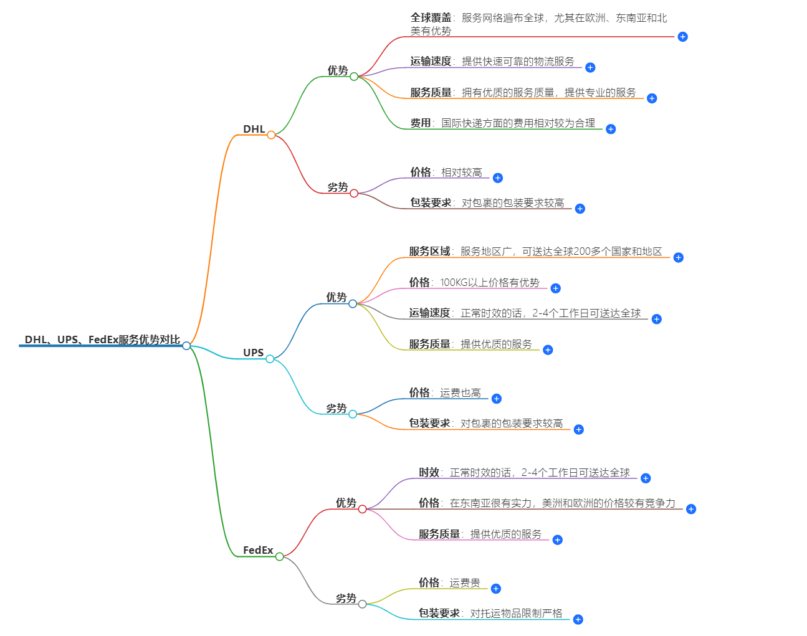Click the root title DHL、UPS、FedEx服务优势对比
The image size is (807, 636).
[x=102, y=339]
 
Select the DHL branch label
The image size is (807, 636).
[x=254, y=129]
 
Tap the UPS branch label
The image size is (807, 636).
[x=253, y=353]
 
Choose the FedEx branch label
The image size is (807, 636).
[x=258, y=550]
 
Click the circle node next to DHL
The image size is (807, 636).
[x=271, y=135]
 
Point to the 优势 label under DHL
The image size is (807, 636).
[x=338, y=70]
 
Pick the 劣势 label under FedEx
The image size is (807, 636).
[x=346, y=598]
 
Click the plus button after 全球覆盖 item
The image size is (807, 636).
[x=682, y=37]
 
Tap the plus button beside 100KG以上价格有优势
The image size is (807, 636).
[x=555, y=288]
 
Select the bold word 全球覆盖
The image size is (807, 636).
[x=431, y=18]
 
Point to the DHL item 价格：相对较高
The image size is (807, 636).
[x=446, y=173]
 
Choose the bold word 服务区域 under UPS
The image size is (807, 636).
[x=429, y=252]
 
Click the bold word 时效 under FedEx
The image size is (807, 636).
[x=429, y=473]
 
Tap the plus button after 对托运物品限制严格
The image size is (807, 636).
[x=578, y=619]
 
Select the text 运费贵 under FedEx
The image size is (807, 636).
[x=465, y=583]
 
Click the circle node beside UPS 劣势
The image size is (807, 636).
[x=353, y=414]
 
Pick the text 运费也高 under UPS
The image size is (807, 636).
[x=461, y=393]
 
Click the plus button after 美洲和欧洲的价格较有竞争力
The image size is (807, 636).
[x=690, y=509]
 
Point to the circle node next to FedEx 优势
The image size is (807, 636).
[x=362, y=509]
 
